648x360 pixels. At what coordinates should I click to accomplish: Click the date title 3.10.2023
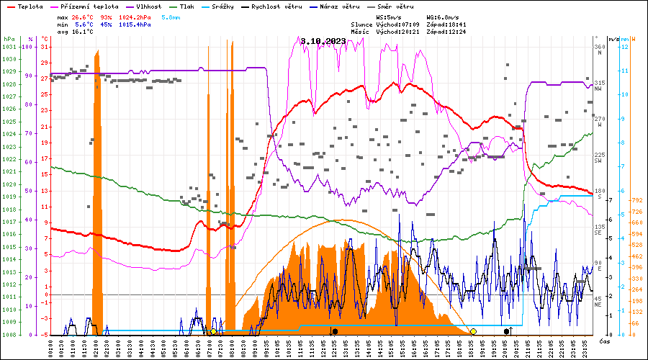pyautogui.click(x=323, y=41)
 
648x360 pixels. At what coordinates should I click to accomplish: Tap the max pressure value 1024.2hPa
pyautogui.click(x=135, y=16)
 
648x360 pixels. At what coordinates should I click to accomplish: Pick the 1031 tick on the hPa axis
pyautogui.click(x=9, y=47)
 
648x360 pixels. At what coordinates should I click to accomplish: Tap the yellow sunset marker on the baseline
pyautogui.click(x=473, y=331)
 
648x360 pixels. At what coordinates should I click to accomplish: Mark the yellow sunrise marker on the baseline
pyautogui.click(x=213, y=331)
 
